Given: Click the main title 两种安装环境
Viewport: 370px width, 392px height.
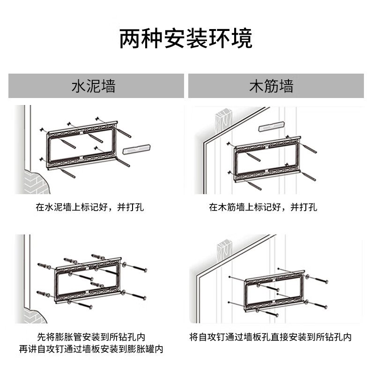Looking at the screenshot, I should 185,39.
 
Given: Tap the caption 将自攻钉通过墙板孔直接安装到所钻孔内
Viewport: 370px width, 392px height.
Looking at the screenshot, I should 270,337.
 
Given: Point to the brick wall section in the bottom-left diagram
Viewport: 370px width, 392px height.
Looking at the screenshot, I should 35,316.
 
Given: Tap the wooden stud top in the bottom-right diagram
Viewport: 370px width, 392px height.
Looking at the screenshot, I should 223,249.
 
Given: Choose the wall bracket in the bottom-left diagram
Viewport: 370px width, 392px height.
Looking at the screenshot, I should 88,281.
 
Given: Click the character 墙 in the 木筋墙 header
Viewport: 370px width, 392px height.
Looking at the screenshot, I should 286,86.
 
